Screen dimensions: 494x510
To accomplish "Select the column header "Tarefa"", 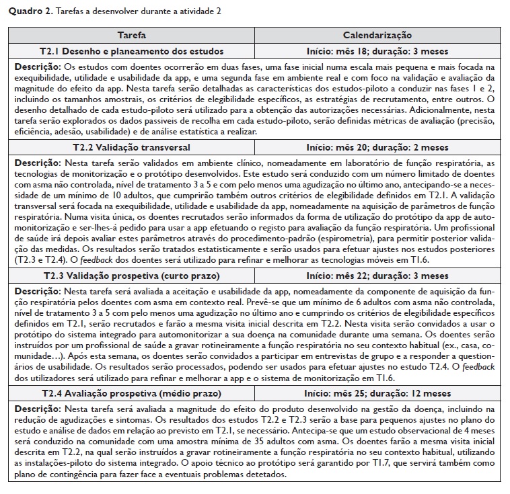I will pos(131,35).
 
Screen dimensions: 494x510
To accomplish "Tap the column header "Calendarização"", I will pos(377,35).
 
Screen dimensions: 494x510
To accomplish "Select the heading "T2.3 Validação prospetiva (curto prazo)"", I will pos(132,276).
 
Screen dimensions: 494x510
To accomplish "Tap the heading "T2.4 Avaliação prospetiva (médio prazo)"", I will pos(132,393).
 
